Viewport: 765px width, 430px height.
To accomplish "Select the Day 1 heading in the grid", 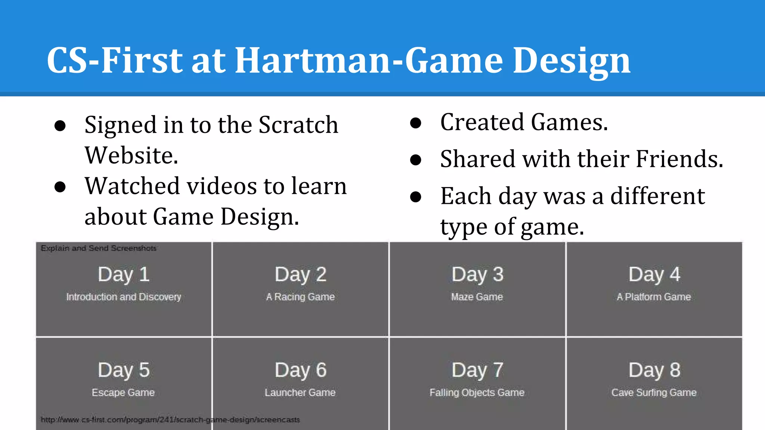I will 124,274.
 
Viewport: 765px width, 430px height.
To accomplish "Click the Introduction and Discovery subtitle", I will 124,297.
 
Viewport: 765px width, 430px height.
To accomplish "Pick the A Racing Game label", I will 300,297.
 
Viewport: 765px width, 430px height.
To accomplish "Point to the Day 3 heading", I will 477,274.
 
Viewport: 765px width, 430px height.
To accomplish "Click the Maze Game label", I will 477,297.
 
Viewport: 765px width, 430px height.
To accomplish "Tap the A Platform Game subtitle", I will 654,297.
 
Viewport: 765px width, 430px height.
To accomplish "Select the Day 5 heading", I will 124,370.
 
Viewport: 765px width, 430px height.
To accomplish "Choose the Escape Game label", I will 123,392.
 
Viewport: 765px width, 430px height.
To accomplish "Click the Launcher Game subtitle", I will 300,392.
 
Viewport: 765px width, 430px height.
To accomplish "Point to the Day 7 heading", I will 477,370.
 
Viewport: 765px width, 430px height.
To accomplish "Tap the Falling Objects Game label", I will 477,392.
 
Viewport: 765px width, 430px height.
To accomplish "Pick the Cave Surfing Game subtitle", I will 654,392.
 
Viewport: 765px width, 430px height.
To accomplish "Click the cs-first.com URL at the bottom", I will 170,420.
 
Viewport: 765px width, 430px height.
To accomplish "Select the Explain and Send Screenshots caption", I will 99,248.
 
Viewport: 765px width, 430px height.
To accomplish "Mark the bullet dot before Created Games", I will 415,123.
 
